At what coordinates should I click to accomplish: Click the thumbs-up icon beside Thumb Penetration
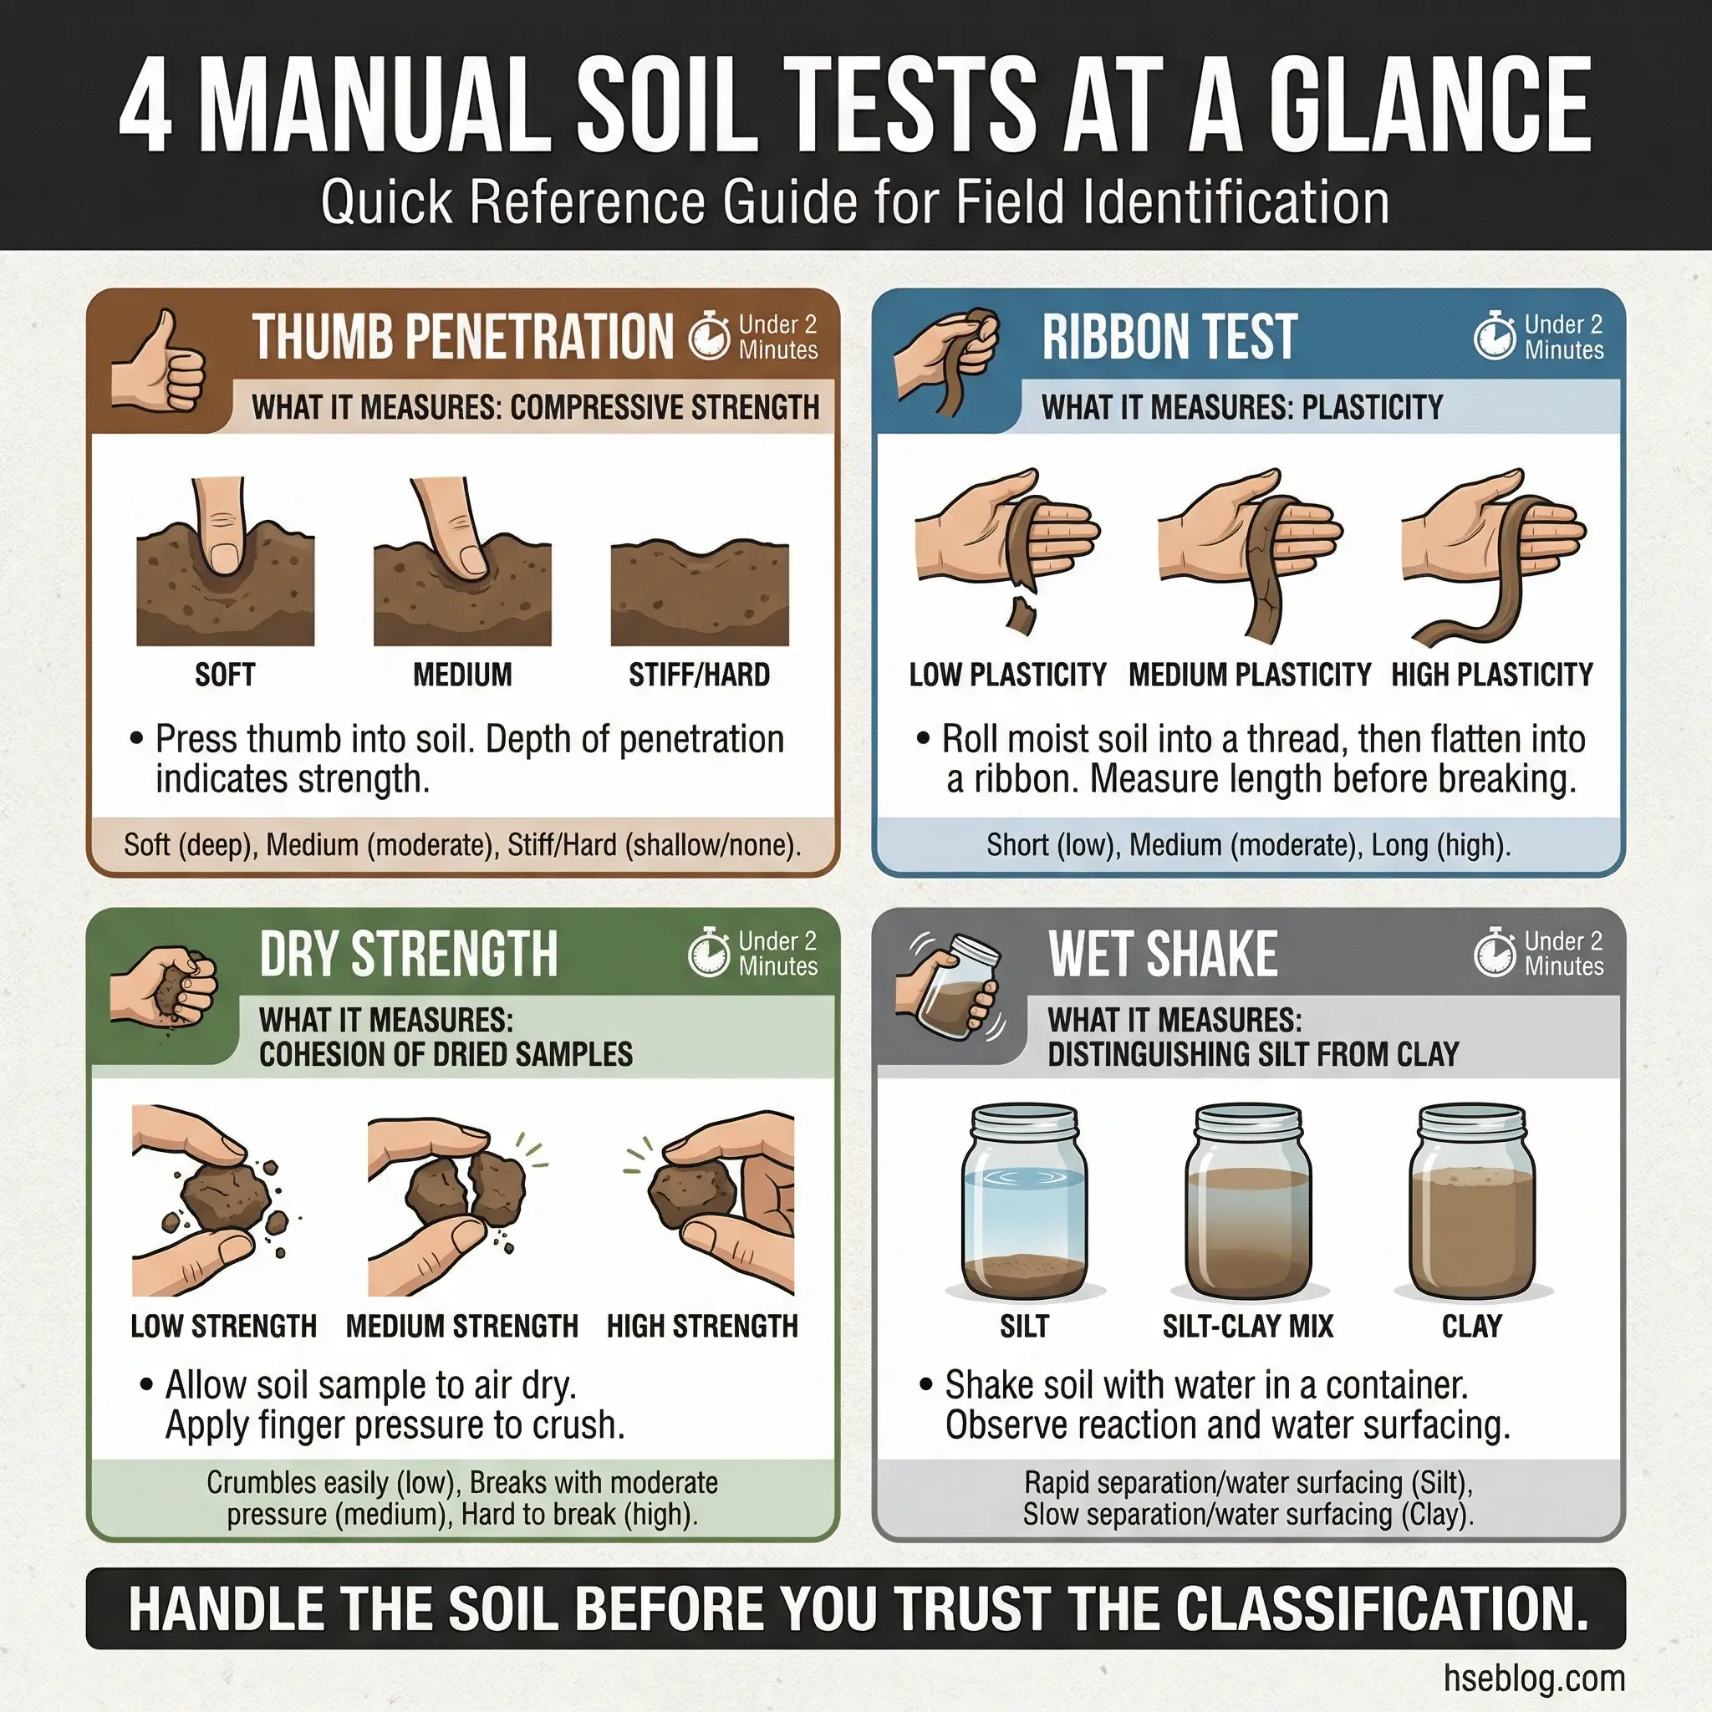(x=158, y=361)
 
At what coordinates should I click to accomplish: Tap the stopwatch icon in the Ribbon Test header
(x=1494, y=336)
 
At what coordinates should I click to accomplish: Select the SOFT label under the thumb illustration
(x=225, y=675)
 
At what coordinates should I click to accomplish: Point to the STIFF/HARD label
(x=699, y=675)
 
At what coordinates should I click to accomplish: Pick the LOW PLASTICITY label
(x=1007, y=675)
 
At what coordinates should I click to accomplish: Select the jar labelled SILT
(x=1024, y=1201)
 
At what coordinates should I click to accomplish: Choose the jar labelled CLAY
(x=1472, y=1201)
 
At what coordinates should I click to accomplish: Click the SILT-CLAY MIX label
(x=1248, y=1327)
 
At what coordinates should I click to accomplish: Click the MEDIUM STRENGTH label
(x=461, y=1327)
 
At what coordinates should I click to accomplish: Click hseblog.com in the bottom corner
(x=1534, y=1678)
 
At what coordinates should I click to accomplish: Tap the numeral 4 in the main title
(x=145, y=106)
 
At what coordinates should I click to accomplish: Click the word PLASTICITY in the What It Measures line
(x=1373, y=408)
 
